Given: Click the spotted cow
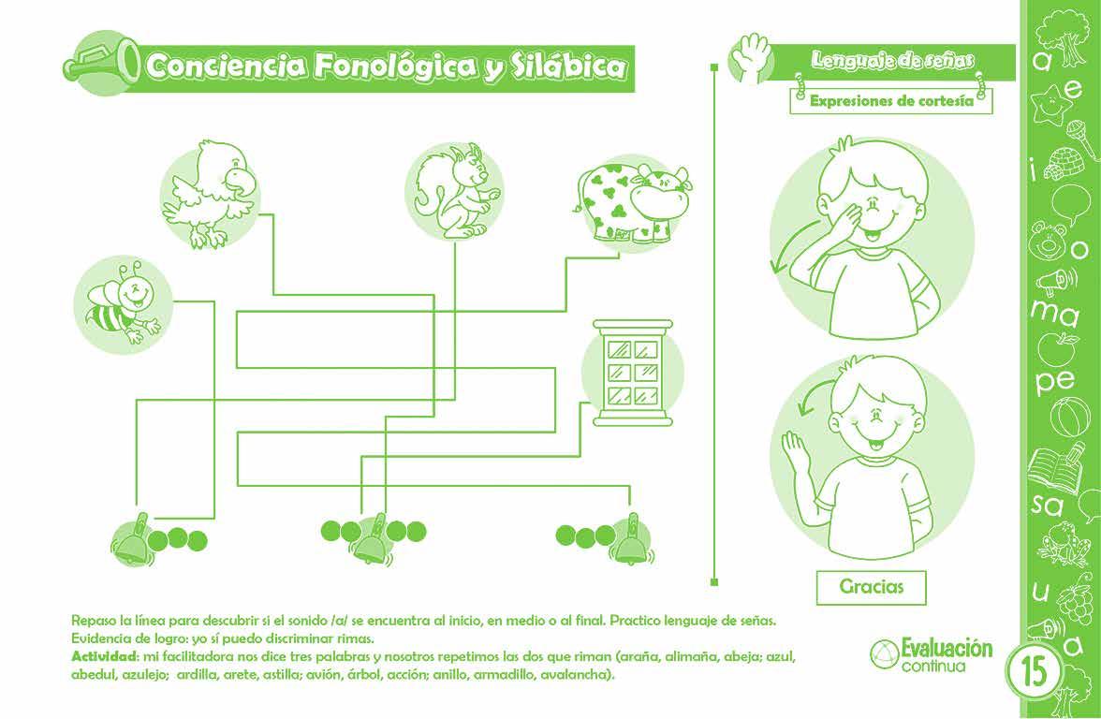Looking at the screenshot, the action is click(x=632, y=200).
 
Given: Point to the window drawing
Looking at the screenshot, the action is click(x=631, y=372).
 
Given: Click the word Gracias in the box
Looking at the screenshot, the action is click(x=872, y=587).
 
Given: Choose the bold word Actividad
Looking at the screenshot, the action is click(x=104, y=655).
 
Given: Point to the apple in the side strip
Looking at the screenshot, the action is click(x=1059, y=348).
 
